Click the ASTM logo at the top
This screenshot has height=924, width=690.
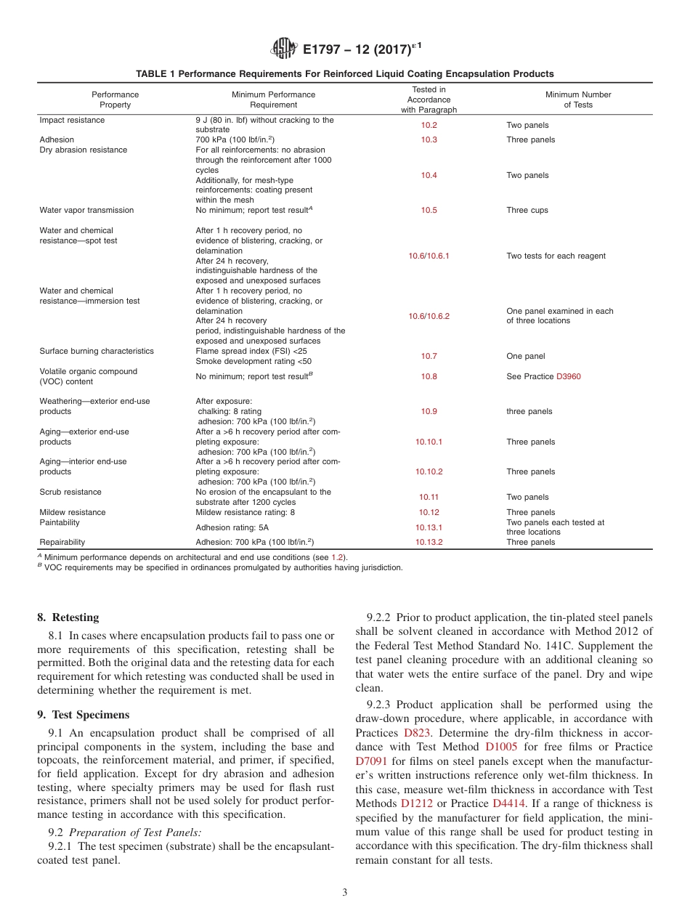tap(283, 49)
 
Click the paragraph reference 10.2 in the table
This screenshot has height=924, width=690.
tap(429, 125)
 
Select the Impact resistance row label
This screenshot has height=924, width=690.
tap(71, 120)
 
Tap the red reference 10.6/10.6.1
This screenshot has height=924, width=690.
tap(429, 256)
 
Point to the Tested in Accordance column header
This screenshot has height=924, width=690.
tap(429, 100)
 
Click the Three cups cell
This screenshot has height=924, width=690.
tap(527, 210)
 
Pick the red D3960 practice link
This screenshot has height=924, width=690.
tap(568, 376)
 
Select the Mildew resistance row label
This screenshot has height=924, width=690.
tap(72, 512)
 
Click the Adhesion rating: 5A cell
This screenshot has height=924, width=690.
tap(232, 527)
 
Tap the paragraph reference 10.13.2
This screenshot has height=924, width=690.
tap(429, 542)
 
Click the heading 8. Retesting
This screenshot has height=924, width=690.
tap(68, 617)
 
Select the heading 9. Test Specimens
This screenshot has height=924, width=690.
tap(83, 714)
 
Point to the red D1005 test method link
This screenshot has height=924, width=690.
tap(501, 747)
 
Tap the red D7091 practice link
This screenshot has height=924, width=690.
tap(371, 761)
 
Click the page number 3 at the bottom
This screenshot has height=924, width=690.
tap(345, 893)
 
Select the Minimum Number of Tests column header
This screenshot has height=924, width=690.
tap(578, 100)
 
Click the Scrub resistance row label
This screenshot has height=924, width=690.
tap(70, 492)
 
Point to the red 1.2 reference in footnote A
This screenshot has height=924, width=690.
tap(337, 557)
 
